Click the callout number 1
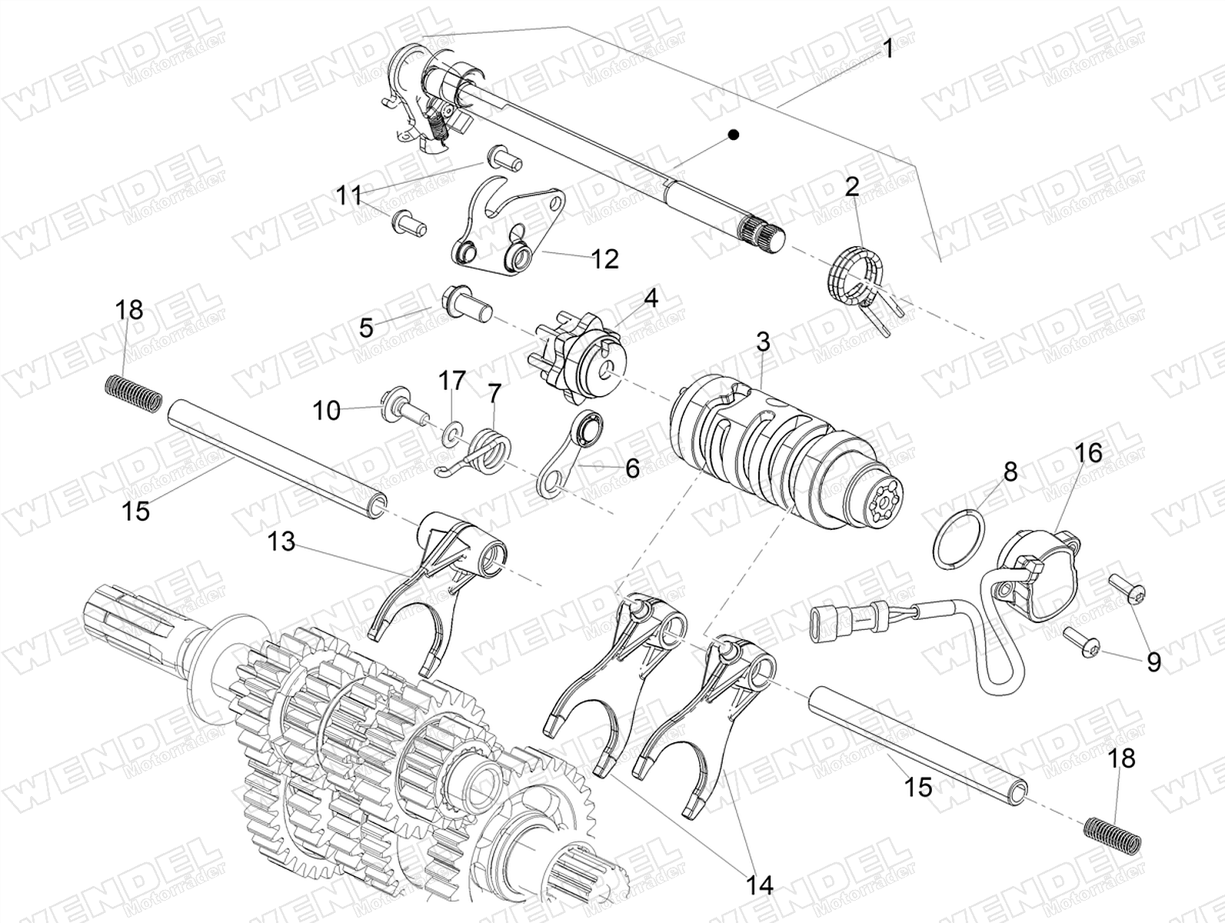tap(887, 49)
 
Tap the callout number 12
tap(604, 259)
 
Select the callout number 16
tap(1087, 452)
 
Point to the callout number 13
tap(281, 541)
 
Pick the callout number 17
tap(451, 381)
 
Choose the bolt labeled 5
tap(468, 306)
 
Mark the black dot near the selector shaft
tap(734, 135)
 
